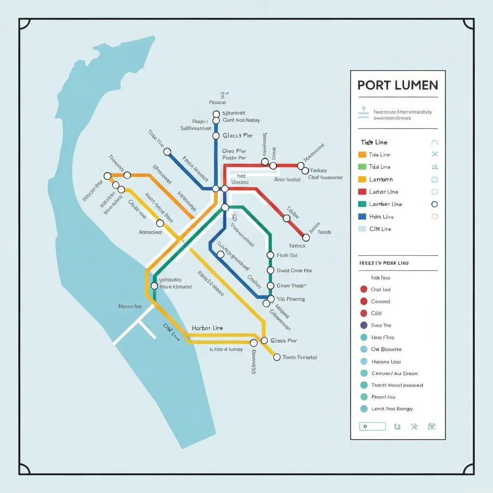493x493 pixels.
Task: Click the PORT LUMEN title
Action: pos(398,85)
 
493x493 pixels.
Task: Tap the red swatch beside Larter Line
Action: pos(363,192)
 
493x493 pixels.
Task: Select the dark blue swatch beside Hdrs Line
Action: pos(363,217)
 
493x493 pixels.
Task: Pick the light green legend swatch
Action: pos(363,167)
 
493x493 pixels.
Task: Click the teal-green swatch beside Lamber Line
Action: pos(363,204)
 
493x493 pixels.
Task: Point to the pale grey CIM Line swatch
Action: pos(363,229)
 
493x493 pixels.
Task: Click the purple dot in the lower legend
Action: pos(363,325)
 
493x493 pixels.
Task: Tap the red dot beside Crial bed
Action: pos(363,289)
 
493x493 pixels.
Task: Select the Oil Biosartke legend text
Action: pos(386,349)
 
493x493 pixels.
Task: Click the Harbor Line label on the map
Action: pos(208,328)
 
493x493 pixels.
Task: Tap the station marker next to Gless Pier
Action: pos(264,340)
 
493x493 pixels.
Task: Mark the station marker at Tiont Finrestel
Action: pos(277,357)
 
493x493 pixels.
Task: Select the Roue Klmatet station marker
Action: pos(154,286)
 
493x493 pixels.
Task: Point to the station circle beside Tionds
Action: pos(306,237)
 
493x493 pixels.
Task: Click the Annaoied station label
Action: pos(150,232)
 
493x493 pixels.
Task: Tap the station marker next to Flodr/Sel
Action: pos(270,255)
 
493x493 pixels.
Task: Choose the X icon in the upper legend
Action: pos(435,155)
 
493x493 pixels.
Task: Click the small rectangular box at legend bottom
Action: pos(373,426)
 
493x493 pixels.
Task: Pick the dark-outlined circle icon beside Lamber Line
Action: pos(435,204)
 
